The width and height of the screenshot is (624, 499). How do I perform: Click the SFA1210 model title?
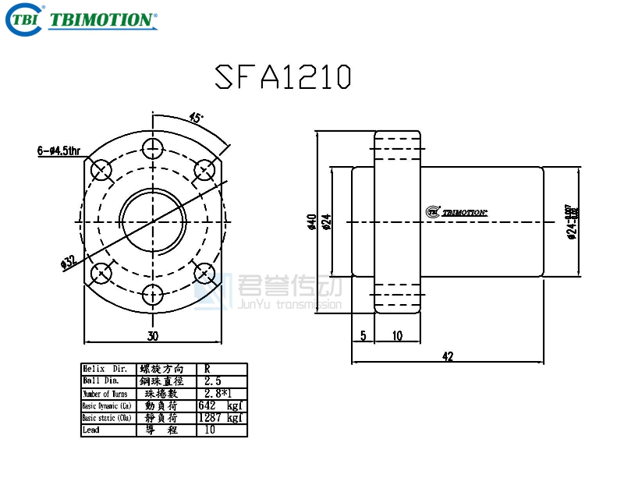coord(282,76)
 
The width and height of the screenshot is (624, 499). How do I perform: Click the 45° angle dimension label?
coord(196,118)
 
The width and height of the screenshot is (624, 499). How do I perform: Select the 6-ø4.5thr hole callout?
coord(58,150)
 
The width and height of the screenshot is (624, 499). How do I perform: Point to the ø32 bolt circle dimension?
coord(69,262)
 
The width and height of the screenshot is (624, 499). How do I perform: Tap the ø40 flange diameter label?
coord(311,222)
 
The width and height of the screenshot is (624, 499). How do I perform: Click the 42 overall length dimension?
coord(447,356)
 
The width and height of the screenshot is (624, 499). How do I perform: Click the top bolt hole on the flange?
coord(153,147)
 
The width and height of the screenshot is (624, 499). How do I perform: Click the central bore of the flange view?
coord(153,220)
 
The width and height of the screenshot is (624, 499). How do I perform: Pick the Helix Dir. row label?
coord(105,369)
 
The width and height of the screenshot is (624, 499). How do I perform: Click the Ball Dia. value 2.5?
coord(213,381)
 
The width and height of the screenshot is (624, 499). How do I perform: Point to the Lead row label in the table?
coord(91,430)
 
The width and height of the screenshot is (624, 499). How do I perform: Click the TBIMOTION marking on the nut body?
coord(458,211)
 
